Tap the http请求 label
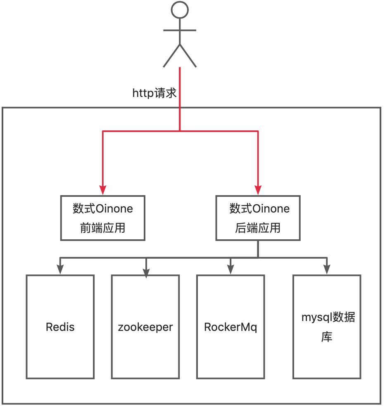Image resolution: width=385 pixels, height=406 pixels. coord(154,93)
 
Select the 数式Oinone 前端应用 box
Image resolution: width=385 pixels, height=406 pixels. coord(103,218)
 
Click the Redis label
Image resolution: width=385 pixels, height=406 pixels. coord(60,327)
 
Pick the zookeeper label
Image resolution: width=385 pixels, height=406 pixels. coord(145,327)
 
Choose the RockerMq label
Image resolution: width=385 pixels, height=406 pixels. coord(231,327)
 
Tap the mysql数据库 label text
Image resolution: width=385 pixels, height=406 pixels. coord(327,327)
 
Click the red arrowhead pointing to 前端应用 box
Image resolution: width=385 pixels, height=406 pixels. coord(102,190)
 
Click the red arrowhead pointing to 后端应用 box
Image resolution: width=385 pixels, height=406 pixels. coord(258,190)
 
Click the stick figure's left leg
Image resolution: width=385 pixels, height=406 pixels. coord(171,56)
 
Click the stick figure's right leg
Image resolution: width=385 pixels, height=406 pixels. coord(188,56)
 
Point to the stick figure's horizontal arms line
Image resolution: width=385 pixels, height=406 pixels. coord(180,30)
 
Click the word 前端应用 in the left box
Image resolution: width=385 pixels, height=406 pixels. coord(103,227)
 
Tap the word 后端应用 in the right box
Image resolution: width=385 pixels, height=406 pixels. coord(258,227)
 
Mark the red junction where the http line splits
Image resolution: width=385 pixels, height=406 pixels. coord(180,131)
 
